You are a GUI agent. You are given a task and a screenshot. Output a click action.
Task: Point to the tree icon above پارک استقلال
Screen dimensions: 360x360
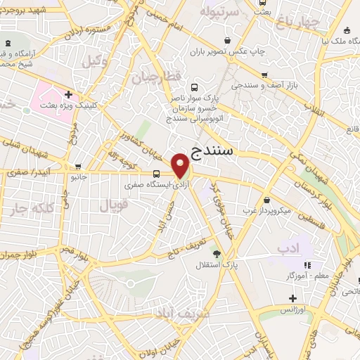(x=217, y=254)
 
